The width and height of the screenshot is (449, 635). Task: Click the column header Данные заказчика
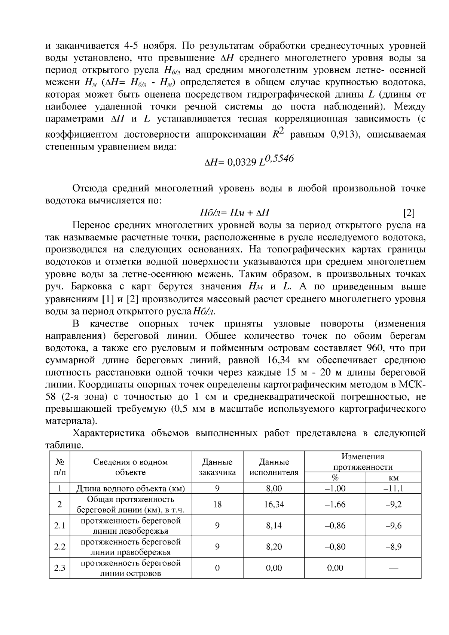click(217, 467)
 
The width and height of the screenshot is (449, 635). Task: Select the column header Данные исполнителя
click(274, 467)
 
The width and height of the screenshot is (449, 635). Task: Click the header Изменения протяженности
click(363, 462)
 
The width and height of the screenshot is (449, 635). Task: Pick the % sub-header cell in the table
click(335, 478)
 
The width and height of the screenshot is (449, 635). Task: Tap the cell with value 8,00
click(274, 488)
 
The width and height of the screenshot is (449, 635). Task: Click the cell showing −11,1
click(393, 488)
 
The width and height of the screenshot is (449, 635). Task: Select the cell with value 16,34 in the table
click(274, 504)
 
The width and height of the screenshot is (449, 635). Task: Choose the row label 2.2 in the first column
click(60, 547)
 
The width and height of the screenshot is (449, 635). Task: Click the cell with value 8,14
click(274, 525)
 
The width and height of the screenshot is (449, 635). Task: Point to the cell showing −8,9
click(393, 547)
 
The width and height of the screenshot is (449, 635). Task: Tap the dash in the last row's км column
click(393, 568)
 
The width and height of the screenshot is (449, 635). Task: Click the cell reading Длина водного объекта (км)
click(131, 488)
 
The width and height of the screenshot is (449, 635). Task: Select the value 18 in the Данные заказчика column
click(217, 504)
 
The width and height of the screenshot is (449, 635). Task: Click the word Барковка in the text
click(91, 287)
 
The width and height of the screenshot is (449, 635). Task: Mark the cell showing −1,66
click(335, 504)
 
